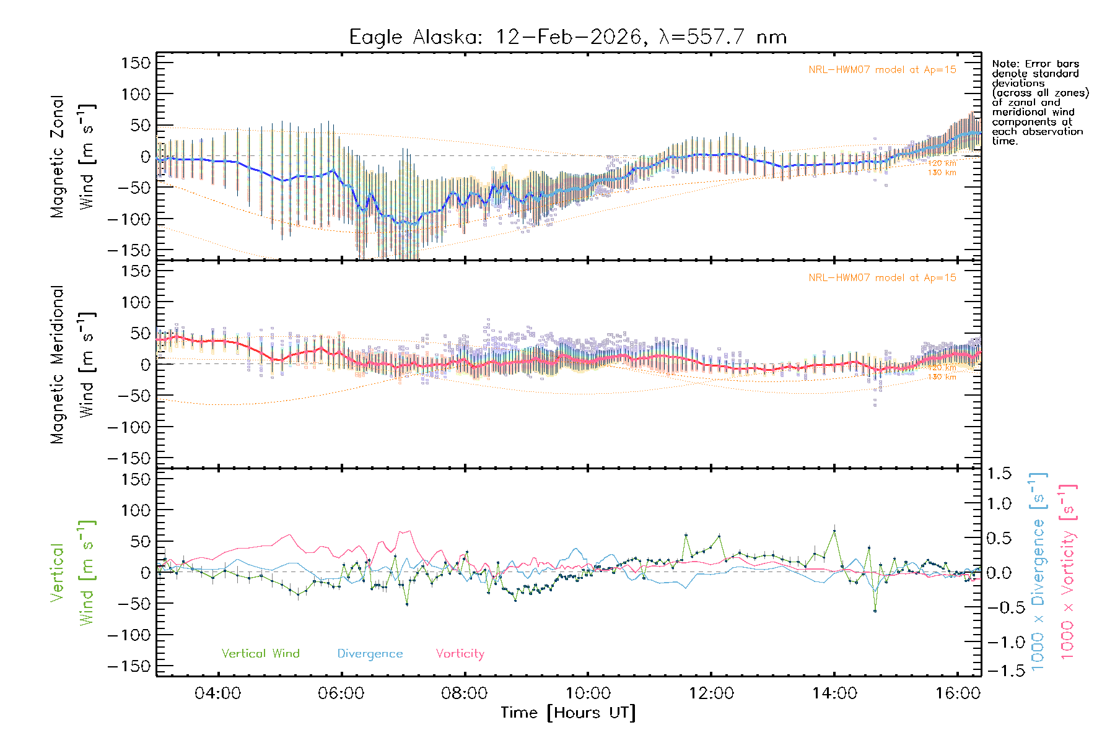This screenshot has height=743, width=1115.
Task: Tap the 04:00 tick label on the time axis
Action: tap(217, 693)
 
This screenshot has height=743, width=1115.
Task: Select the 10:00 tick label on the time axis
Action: tap(588, 693)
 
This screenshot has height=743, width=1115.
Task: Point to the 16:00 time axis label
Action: tap(958, 693)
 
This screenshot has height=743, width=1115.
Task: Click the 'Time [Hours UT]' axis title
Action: tap(568, 713)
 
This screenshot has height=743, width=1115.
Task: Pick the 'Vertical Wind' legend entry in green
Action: tap(260, 653)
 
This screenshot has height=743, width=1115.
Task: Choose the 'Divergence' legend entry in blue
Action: tap(370, 653)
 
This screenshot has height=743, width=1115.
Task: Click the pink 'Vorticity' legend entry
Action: tap(460, 653)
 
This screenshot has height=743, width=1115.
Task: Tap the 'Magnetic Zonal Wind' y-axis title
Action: tap(73, 156)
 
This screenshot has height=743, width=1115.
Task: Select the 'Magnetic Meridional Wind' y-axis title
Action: tap(73, 364)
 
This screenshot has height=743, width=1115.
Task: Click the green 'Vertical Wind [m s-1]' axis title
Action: tap(73, 572)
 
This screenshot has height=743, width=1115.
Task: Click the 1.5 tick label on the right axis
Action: tap(999, 474)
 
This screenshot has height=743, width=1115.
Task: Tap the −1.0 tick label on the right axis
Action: tap(999, 642)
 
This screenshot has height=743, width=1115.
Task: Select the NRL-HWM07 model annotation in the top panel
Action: tap(882, 70)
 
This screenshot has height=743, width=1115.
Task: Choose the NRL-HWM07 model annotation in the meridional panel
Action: tap(882, 278)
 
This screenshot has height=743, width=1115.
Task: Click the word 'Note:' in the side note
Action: tap(1005, 64)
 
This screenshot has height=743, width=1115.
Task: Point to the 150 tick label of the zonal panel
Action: tap(136, 63)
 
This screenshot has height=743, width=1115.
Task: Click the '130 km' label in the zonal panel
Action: tap(942, 173)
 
